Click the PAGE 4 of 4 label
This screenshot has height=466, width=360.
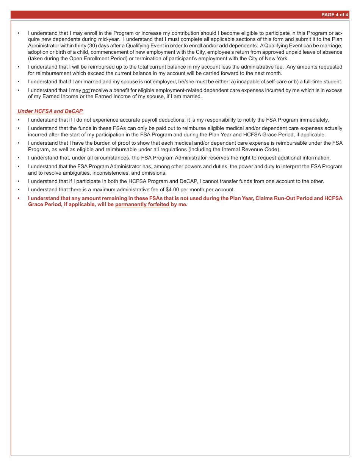pos(335,15)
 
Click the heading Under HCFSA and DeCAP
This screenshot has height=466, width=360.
pos(50,111)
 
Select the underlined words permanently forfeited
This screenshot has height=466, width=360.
pos(142,205)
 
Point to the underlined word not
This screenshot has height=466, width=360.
pos(86,90)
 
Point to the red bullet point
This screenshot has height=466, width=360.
pos(18,198)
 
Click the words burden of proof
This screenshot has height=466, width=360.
pos(106,143)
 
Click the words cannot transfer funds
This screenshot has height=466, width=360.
pos(224,181)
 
